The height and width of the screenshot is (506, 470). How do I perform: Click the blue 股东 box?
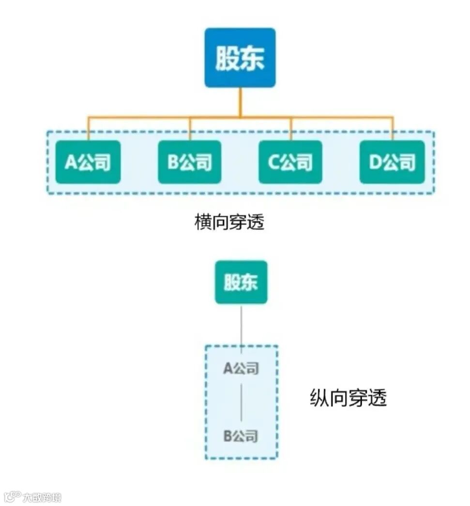point(240,58)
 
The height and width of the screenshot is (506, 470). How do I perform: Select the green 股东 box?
point(241,282)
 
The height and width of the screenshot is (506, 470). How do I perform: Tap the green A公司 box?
point(88,162)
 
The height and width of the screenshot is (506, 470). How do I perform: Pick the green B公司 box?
point(189,162)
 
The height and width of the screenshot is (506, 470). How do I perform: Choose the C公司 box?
point(290,162)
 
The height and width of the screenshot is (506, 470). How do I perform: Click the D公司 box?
point(392,162)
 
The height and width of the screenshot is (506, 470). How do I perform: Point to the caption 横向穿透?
point(229,222)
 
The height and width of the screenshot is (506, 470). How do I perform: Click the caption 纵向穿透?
point(348,398)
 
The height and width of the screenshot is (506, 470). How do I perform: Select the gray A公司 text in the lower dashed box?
point(241,369)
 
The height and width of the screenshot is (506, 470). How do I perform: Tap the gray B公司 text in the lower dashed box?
point(241,436)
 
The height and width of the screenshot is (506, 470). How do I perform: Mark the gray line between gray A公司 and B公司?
point(241,402)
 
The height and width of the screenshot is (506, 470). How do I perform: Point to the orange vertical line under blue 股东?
point(240,102)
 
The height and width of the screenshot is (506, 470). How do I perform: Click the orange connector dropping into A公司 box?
point(88,128)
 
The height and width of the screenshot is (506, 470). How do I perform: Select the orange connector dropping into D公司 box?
point(392,128)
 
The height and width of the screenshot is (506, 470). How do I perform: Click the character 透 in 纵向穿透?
point(378,398)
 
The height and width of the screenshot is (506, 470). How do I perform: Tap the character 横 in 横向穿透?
point(202,222)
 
